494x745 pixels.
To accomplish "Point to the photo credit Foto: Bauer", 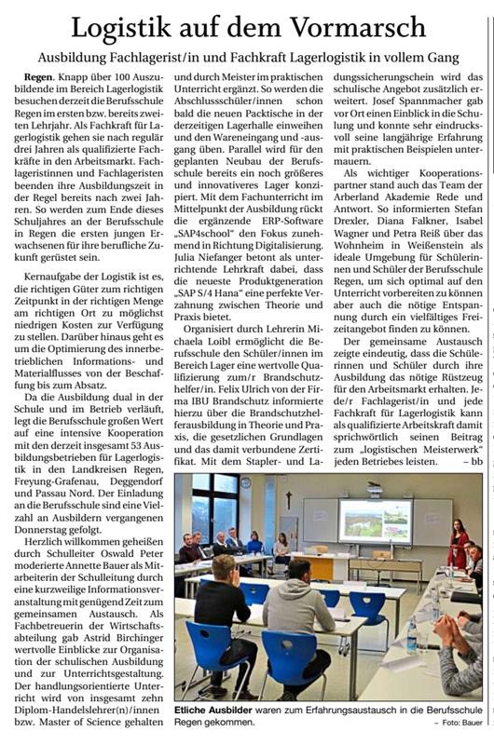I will [x=460, y=723].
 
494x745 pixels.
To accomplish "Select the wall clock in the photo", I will [x=244, y=484].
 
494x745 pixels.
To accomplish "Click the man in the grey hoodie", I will [x=295, y=619].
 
